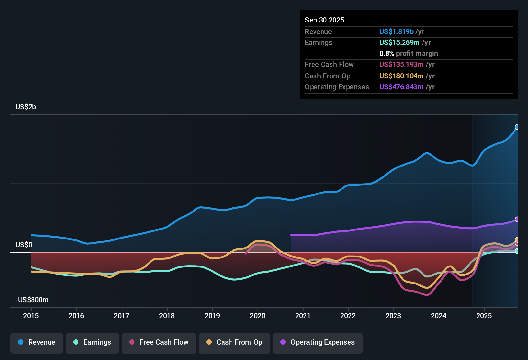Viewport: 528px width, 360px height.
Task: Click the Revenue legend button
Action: pyautogui.click(x=37, y=342)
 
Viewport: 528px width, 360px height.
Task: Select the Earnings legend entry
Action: pyautogui.click(x=92, y=342)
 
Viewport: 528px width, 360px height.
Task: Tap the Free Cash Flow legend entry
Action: pyautogui.click(x=159, y=342)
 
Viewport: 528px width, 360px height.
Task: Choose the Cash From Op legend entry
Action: pyautogui.click(x=234, y=342)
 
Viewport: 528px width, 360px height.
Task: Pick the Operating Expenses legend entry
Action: pyautogui.click(x=318, y=342)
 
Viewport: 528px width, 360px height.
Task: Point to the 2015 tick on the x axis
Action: pyautogui.click(x=31, y=316)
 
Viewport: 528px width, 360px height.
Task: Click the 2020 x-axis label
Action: pyautogui.click(x=258, y=316)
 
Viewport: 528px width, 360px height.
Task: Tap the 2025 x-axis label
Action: pyautogui.click(x=484, y=316)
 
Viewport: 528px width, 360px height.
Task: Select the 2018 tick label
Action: pyautogui.click(x=167, y=316)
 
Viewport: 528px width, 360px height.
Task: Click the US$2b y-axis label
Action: pyautogui.click(x=26, y=107)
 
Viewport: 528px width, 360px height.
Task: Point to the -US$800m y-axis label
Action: pyautogui.click(x=32, y=300)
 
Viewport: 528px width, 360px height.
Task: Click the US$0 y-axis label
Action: pyautogui.click(x=24, y=245)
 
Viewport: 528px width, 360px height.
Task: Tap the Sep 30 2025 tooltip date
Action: pyautogui.click(x=324, y=20)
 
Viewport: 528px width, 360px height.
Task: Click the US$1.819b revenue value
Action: pyautogui.click(x=396, y=32)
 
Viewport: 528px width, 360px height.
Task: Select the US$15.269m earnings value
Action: pyautogui.click(x=399, y=42)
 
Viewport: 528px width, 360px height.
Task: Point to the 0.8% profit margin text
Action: pyautogui.click(x=408, y=53)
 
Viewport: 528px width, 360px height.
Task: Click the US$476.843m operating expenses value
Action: pyautogui.click(x=401, y=87)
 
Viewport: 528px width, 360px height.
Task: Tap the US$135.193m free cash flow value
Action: pyautogui.click(x=401, y=64)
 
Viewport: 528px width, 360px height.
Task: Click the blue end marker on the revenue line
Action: pyautogui.click(x=517, y=127)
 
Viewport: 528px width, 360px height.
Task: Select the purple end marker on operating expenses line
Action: pyautogui.click(x=517, y=219)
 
